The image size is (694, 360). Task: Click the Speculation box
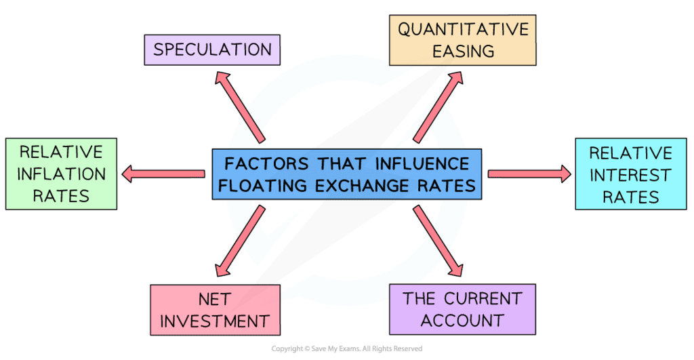213,49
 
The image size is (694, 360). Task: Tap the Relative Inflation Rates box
60,174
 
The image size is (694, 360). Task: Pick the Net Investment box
215,310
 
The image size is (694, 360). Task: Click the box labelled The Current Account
462,309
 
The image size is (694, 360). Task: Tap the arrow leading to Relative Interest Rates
529,174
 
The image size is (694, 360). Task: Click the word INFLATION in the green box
61,174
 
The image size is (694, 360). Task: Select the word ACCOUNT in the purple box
462,320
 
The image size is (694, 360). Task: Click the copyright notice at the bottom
347,348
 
